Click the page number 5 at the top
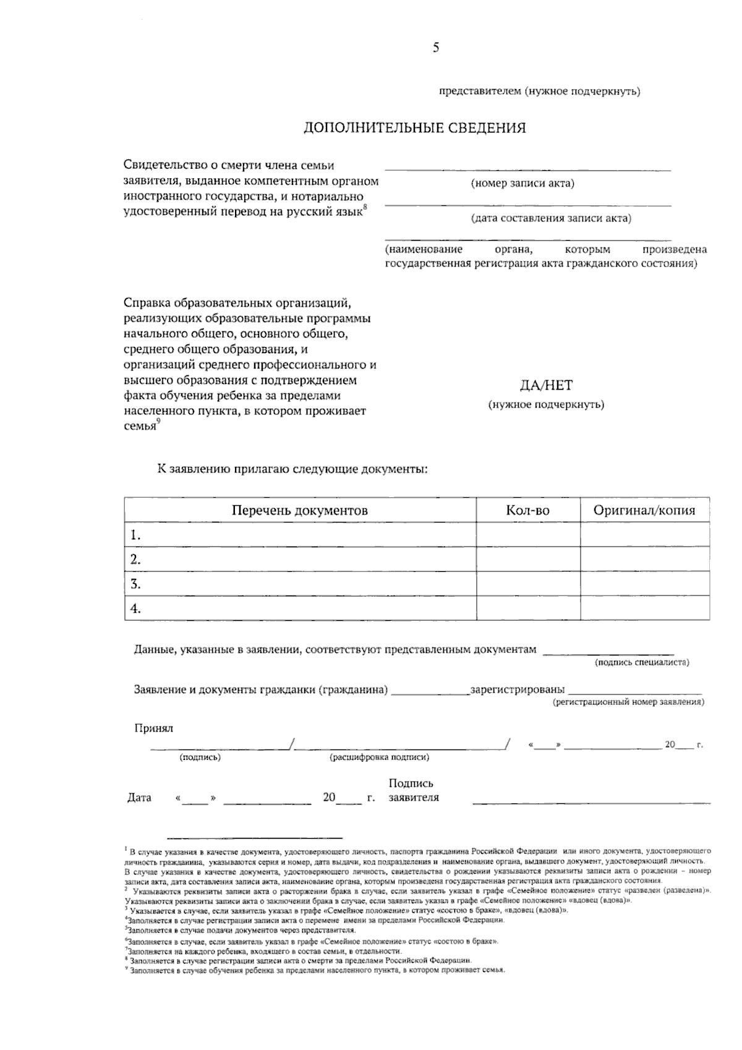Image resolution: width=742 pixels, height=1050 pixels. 436,48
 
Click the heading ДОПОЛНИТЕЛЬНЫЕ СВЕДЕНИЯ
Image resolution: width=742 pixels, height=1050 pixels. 414,128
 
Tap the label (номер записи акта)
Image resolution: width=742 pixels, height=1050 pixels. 522,184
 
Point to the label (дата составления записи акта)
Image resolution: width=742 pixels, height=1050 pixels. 551,218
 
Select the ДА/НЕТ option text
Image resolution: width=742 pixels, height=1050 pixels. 546,385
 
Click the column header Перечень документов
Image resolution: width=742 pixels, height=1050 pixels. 300,510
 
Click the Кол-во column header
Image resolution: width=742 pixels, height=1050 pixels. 527,510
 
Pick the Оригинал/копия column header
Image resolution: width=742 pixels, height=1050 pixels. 644,510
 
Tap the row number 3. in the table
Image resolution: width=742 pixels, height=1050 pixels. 135,584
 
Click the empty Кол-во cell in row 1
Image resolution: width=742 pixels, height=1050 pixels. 527,535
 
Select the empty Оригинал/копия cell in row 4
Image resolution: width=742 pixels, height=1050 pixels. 644,608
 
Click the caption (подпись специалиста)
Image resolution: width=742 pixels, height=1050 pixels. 642,662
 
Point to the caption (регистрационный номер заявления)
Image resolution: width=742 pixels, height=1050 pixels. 628,702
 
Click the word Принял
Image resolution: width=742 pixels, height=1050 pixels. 154,728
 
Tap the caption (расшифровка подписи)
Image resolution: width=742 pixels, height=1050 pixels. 380,757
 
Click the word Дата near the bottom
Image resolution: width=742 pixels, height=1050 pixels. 139,798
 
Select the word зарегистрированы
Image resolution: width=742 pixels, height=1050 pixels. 518,689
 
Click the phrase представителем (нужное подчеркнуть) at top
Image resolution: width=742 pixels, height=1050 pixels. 539,92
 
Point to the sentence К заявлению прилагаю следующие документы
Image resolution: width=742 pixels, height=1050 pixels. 292,469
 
